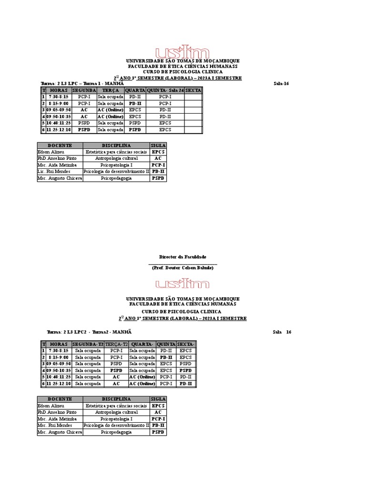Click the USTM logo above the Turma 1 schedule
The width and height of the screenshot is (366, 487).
tap(183, 52)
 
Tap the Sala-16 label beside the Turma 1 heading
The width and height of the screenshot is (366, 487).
tap(281, 84)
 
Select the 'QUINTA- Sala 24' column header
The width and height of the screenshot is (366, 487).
tap(165, 90)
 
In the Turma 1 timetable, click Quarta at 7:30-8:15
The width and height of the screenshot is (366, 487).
tap(135, 97)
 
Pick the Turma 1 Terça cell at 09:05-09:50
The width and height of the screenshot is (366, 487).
tap(110, 110)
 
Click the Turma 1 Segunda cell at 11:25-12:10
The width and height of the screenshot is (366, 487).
tap(84, 130)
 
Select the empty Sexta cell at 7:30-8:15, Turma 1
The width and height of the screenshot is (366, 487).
tap(193, 97)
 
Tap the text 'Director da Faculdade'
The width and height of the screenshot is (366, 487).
tap(183, 257)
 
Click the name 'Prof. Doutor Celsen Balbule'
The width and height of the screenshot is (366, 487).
tap(183, 268)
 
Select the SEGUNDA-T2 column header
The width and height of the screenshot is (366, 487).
tap(88, 344)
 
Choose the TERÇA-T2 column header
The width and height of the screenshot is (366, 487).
tap(116, 344)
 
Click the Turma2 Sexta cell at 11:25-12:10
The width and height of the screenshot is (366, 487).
tap(185, 384)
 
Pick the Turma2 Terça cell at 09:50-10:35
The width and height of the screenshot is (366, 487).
tap(116, 370)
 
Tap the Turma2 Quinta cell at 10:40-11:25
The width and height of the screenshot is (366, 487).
tap(166, 377)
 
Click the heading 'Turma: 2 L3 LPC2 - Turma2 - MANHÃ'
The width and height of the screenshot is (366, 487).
tap(89, 332)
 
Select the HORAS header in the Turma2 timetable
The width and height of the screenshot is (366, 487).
tap(59, 344)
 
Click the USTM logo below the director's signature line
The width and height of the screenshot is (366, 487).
tap(183, 284)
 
